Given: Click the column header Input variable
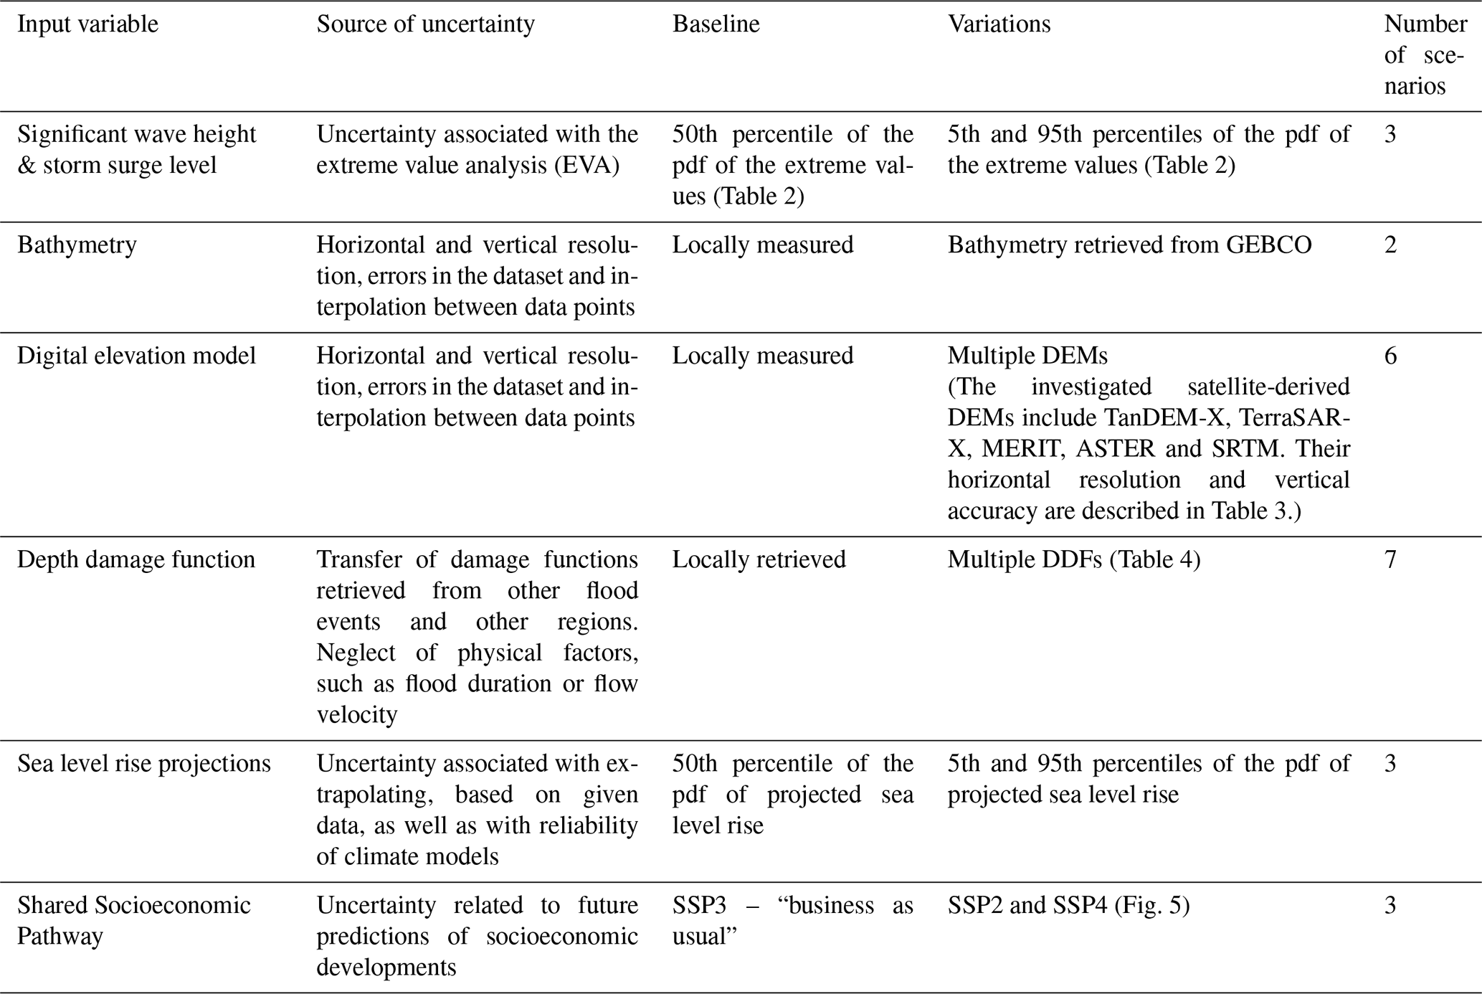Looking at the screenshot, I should [x=87, y=24].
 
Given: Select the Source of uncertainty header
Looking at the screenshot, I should [x=425, y=24].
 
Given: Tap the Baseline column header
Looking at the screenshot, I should [x=715, y=24].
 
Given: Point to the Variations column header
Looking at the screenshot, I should [x=998, y=24].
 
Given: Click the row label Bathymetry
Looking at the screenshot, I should [x=77, y=245].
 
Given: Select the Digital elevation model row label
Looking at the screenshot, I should [x=136, y=356].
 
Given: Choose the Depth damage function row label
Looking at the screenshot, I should [x=136, y=559].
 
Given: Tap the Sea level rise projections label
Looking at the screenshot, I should [x=143, y=764].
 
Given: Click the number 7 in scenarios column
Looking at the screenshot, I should [x=1390, y=559].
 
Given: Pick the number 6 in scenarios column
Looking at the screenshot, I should [x=1390, y=356].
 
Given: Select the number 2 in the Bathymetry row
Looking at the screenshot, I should [x=1390, y=245].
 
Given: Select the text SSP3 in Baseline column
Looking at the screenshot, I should [x=699, y=906].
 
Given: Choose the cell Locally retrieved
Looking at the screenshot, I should [x=759, y=559].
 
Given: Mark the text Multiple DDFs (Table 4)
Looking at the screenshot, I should [x=1073, y=559].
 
